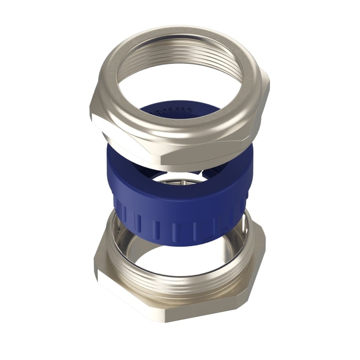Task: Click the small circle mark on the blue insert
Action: point(225,229)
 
